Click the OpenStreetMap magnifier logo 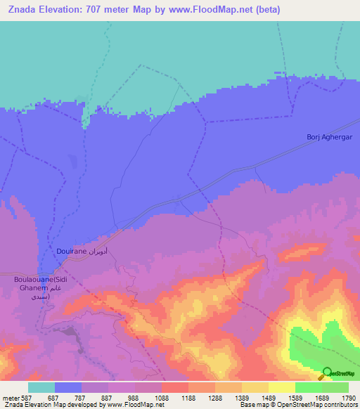(x=327, y=374)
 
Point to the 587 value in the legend (x=27, y=397)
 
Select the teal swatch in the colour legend (x=41, y=387)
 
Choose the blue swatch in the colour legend (x=68, y=387)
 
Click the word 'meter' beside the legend (x=10, y=397)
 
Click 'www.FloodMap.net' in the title (x=215, y=10)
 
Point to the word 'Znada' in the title (x=21, y=10)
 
